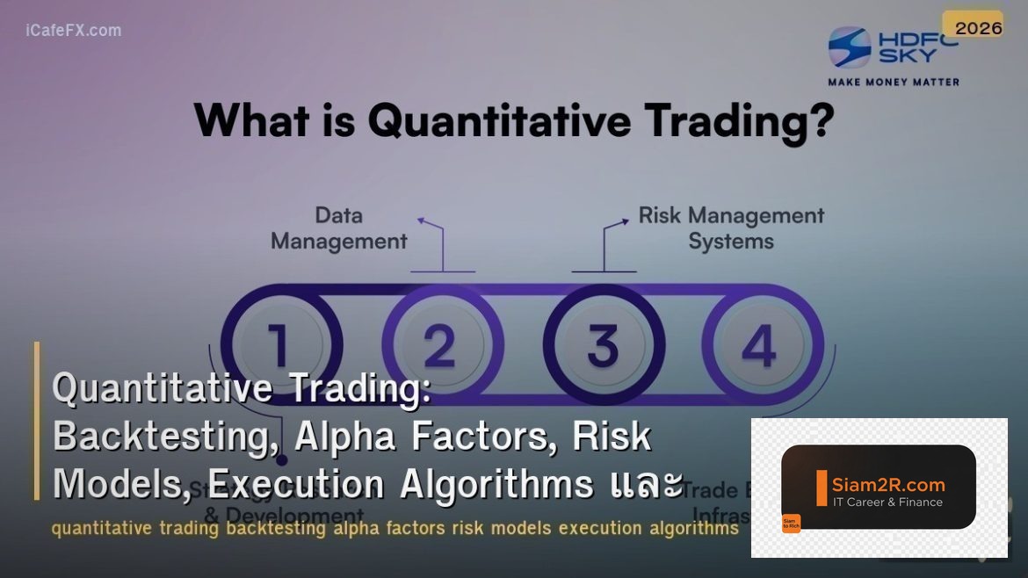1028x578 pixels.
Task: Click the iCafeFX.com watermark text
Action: (x=74, y=31)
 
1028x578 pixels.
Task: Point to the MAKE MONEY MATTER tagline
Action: (x=894, y=82)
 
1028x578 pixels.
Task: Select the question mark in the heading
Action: (x=817, y=120)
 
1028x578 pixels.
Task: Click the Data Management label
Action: (x=338, y=228)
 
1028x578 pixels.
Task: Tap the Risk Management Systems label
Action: (x=730, y=228)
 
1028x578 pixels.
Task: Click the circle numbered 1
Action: (x=279, y=344)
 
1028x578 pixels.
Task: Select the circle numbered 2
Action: (x=439, y=344)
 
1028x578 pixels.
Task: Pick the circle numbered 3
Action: (x=603, y=344)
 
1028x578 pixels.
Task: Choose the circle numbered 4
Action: (x=758, y=344)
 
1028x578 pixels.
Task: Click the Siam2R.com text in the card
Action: (x=887, y=484)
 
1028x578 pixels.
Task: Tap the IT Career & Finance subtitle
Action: (x=887, y=502)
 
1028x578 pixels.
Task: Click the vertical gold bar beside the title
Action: (x=37, y=420)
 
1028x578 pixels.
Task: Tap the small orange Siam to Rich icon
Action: (x=791, y=524)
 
